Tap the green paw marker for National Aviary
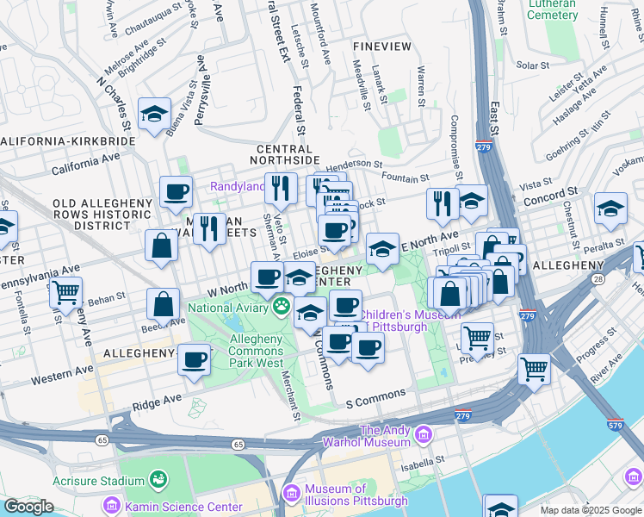click(x=282, y=306)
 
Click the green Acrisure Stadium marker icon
click(x=158, y=480)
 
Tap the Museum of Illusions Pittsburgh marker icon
click(x=292, y=493)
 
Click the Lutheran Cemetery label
click(x=551, y=9)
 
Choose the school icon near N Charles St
click(x=155, y=114)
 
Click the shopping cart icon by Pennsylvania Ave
click(x=66, y=291)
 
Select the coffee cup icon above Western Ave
click(x=195, y=358)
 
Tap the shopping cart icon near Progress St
click(x=534, y=368)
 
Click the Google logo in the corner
click(x=28, y=507)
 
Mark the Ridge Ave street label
click(x=157, y=400)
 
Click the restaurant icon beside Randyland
click(x=281, y=187)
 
